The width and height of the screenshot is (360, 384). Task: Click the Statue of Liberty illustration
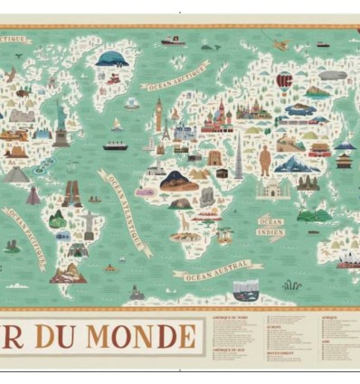tap(61, 123)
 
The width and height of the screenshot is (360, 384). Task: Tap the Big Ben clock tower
tap(158, 115)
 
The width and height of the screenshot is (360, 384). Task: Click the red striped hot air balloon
tap(284, 80)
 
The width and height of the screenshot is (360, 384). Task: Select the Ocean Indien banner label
tap(271, 226)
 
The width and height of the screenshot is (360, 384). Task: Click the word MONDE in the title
tap(140, 337)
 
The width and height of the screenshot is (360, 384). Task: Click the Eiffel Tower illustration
tap(165, 134)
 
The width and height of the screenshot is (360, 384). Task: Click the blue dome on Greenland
tap(110, 60)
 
